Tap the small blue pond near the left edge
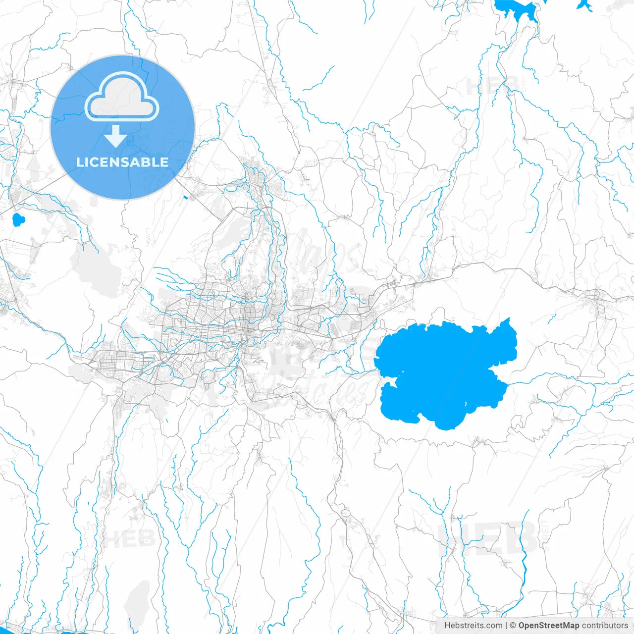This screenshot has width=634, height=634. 18,219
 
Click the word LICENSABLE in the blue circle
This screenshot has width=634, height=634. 122,162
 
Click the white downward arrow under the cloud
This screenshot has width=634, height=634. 116,136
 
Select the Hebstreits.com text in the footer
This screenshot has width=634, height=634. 473,626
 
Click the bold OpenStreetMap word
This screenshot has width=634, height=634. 548,626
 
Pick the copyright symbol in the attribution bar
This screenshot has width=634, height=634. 513,626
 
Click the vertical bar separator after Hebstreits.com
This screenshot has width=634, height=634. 506,626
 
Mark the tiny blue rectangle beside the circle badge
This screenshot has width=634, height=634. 185,198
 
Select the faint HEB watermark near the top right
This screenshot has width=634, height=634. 493,85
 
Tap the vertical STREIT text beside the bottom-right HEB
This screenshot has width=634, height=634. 545,535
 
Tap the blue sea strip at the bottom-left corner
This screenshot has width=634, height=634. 74,632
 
